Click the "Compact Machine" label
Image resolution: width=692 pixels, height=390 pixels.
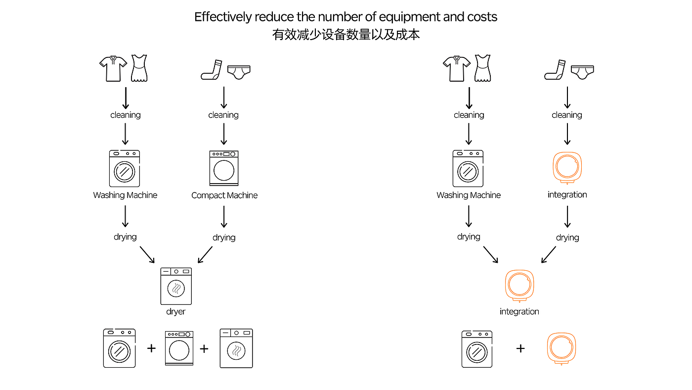pos(224,195)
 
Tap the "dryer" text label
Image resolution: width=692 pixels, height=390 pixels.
pos(175,312)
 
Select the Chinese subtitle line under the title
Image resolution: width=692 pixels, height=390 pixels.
pos(346,35)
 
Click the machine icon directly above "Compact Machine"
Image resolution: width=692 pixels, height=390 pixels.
pos(224,168)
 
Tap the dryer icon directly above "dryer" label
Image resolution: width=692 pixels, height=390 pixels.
pos(176,286)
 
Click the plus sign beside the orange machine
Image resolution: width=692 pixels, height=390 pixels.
pos(520,348)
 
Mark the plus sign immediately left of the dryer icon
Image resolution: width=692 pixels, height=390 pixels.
pos(204,348)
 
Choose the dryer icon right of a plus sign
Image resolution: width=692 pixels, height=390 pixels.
pos(236,348)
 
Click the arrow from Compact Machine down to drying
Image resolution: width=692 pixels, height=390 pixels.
pos(224,216)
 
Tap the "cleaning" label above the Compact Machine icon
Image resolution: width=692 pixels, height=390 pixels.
pos(223,115)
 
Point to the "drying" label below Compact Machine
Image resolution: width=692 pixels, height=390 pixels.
pos(224,238)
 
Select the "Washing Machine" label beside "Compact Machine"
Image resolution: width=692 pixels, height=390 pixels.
pos(125,195)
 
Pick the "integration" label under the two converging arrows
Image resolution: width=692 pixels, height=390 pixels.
pos(519,312)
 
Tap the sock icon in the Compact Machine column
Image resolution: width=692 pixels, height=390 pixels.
pos(210,70)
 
